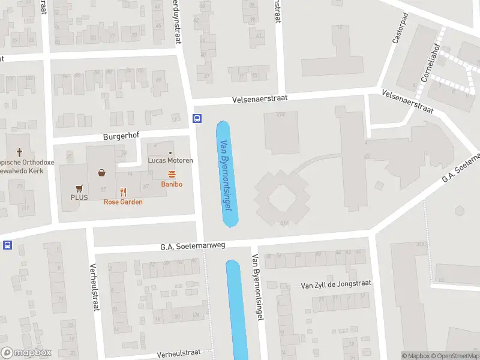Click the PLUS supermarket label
click(x=79, y=197)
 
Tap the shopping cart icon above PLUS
click(x=79, y=187)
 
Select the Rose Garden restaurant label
click(x=123, y=202)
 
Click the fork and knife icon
click(x=123, y=192)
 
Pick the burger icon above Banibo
click(x=172, y=174)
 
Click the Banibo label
click(x=172, y=184)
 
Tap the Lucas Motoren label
click(x=171, y=161)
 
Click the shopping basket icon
click(x=103, y=173)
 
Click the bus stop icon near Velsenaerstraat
click(x=197, y=118)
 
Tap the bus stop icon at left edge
click(x=7, y=245)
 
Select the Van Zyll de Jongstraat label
click(x=336, y=284)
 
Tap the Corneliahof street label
click(x=429, y=62)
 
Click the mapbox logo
click(x=27, y=353)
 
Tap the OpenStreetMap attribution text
click(x=454, y=356)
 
